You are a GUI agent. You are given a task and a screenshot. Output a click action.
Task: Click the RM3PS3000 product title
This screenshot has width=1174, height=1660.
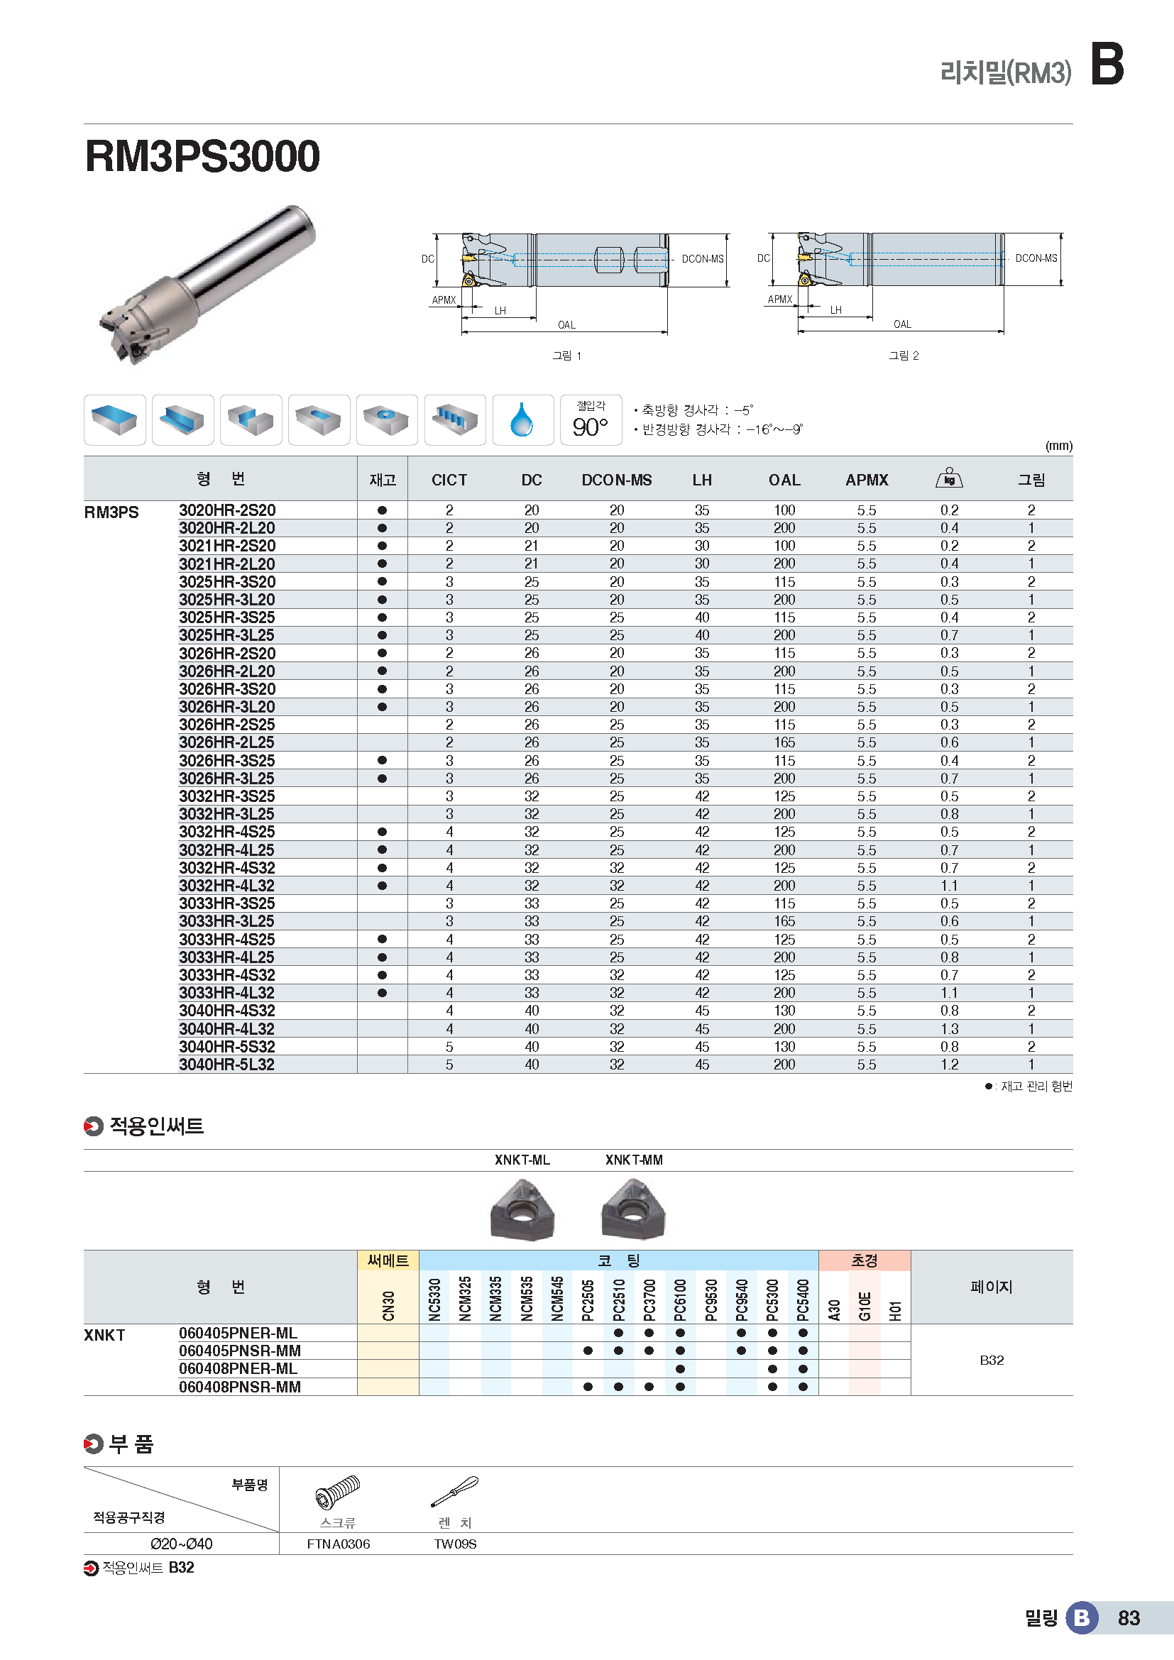pos(202,156)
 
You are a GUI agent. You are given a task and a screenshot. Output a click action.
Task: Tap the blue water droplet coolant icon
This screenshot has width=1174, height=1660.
pos(522,420)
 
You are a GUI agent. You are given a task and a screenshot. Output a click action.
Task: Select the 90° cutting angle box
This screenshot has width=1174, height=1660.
pos(591,420)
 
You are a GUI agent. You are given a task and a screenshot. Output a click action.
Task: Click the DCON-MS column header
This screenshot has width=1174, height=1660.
pos(617,480)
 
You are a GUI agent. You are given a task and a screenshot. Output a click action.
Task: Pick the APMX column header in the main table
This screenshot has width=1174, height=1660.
pos(867,480)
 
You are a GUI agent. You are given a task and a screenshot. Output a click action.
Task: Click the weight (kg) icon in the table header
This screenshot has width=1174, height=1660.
pos(949,478)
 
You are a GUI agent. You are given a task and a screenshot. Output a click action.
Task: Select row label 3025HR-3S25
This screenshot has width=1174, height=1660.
pos(227,617)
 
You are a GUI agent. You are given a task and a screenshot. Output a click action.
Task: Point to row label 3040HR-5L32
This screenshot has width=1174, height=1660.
pos(227,1065)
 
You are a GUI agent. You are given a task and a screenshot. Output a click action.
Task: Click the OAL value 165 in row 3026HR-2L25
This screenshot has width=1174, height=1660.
pos(784,742)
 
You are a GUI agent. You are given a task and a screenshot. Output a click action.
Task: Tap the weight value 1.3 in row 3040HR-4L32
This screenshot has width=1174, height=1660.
pos(949,1029)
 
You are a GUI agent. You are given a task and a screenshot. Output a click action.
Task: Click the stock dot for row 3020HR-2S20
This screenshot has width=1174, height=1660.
pos(383,510)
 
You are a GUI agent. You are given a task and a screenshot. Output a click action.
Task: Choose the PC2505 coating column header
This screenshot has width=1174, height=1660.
pos(588,1299)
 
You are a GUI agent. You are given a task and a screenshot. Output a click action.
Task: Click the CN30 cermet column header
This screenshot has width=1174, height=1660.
pos(388,1305)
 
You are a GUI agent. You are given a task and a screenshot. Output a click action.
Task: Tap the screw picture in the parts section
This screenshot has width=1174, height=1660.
pos(338,1493)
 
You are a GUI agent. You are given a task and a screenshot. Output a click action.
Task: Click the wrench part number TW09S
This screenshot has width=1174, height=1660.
pos(455,1544)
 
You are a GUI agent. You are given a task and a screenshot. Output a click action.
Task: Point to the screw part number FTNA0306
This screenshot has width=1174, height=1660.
pos(339,1544)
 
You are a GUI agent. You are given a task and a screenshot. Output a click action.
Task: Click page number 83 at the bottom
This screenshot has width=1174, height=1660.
pos(1129,1618)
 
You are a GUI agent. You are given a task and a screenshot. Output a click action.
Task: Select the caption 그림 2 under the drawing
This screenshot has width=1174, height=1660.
pos(904,356)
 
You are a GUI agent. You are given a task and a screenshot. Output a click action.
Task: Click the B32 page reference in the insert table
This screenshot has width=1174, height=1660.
pos(991,1360)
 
